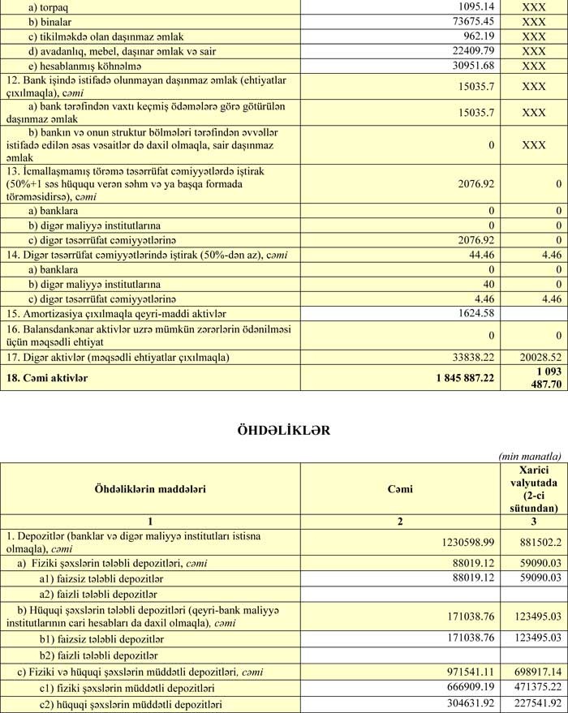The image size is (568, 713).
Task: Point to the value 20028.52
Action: pyautogui.click(x=540, y=358)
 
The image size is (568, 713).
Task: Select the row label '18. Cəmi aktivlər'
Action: pyautogui.click(x=46, y=377)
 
